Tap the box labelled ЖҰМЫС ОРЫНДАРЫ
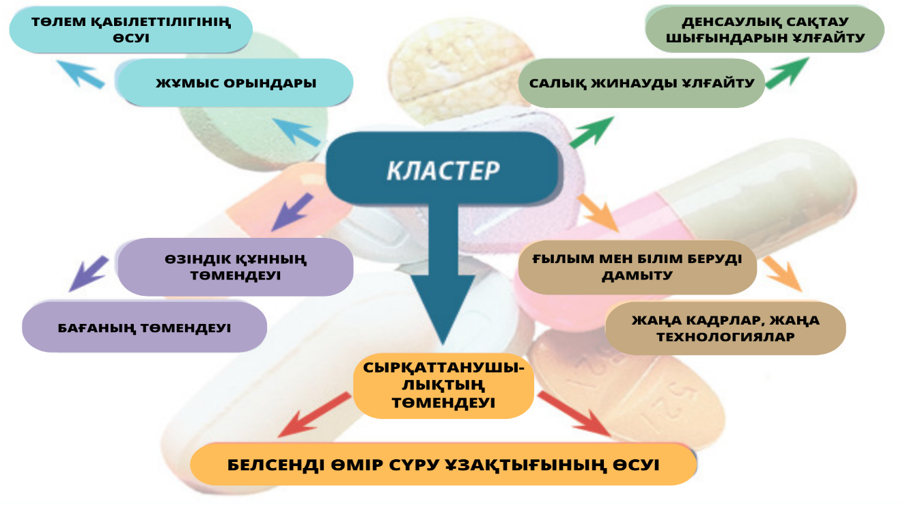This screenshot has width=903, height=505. coord(236,83)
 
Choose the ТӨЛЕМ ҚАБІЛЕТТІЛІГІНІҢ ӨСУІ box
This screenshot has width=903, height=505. coord(131,30)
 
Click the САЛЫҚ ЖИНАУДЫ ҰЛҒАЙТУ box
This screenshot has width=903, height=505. coord(641,83)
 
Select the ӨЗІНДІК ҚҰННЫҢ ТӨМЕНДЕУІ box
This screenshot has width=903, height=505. coord(235,267)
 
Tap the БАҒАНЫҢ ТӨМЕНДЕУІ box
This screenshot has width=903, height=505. coord(144,328)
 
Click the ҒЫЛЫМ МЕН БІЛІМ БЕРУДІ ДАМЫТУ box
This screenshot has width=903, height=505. coord(637,267)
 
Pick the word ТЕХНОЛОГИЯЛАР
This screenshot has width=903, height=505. coord(725,337)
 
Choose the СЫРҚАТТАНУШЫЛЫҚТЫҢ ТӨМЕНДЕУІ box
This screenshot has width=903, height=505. coord(443,386)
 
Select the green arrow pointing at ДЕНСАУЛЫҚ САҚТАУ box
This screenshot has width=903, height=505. coord(786,72)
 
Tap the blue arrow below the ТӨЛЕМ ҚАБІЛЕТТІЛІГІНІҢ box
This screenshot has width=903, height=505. coord(80,74)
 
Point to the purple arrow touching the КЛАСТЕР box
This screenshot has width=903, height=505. coord(292,212)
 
